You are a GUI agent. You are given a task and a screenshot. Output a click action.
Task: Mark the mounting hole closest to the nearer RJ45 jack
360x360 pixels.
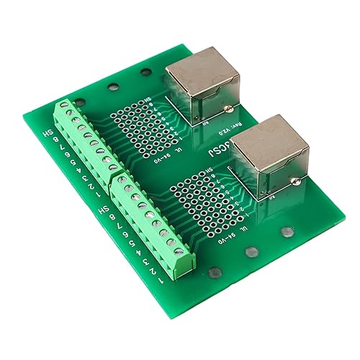tap(287, 233)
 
